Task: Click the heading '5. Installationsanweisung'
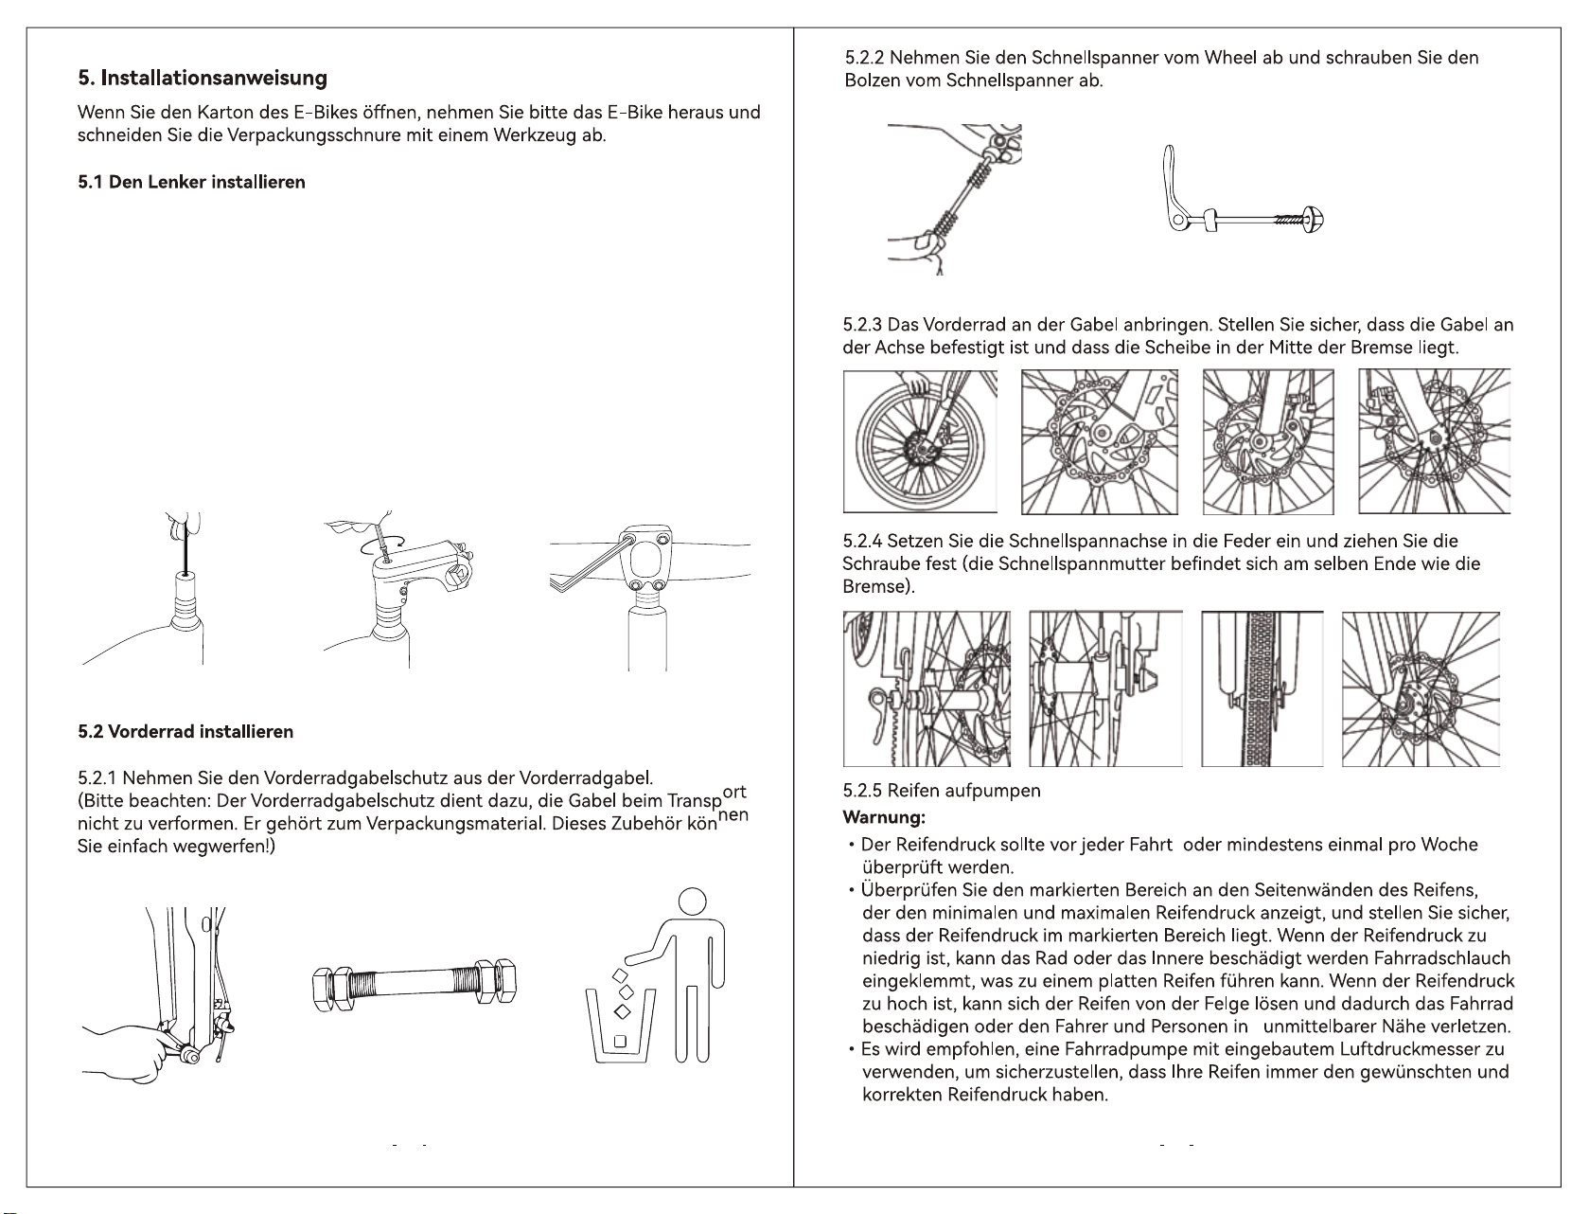pos(203,78)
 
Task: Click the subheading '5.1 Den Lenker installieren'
pos(191,182)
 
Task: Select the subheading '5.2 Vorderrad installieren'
pos(185,731)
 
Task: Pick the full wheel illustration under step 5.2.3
pos(919,440)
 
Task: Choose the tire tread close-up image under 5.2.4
pos(1262,688)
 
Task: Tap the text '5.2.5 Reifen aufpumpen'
pos(942,792)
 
